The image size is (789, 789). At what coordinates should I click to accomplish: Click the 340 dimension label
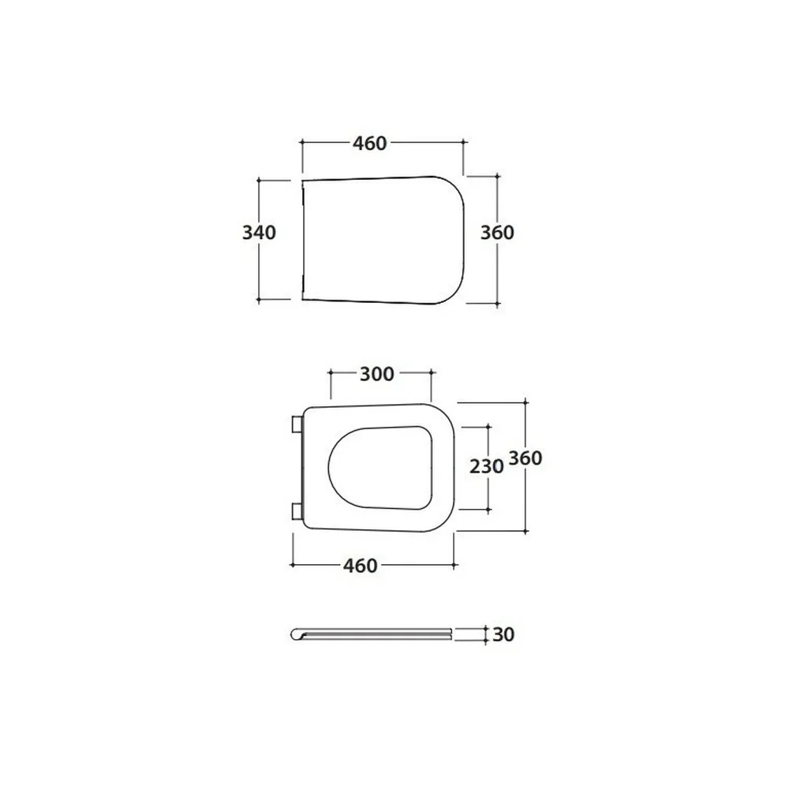click(x=259, y=233)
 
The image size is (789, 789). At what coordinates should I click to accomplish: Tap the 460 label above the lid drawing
click(x=369, y=144)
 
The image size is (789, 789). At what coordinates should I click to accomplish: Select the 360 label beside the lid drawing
click(x=497, y=233)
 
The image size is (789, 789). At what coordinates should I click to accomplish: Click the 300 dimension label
click(x=377, y=374)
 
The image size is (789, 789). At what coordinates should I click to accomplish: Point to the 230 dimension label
click(x=487, y=466)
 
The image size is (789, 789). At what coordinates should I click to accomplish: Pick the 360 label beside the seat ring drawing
click(x=525, y=458)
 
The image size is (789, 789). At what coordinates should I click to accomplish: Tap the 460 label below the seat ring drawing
click(x=361, y=566)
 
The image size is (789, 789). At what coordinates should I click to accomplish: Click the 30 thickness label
click(x=503, y=634)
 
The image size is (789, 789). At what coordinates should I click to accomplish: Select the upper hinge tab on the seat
click(x=297, y=424)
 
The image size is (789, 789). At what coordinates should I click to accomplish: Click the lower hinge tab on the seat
click(x=297, y=511)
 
